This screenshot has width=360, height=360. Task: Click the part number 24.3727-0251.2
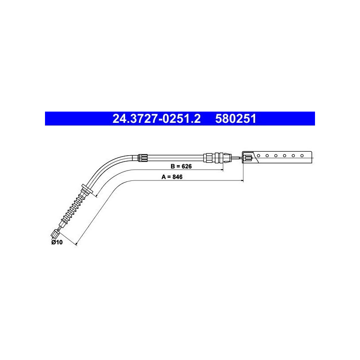point(156,119)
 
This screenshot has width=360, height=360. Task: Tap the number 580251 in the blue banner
point(235,119)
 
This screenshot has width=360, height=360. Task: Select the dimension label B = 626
point(181,166)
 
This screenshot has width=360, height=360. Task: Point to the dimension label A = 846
point(172,177)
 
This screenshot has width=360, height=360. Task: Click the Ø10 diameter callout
point(57,242)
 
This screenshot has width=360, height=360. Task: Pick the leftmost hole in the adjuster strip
point(258,156)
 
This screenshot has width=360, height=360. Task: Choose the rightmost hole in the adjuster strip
point(302,156)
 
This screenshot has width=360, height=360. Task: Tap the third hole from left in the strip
point(276,156)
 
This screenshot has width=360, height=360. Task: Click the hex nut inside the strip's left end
point(248,158)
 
